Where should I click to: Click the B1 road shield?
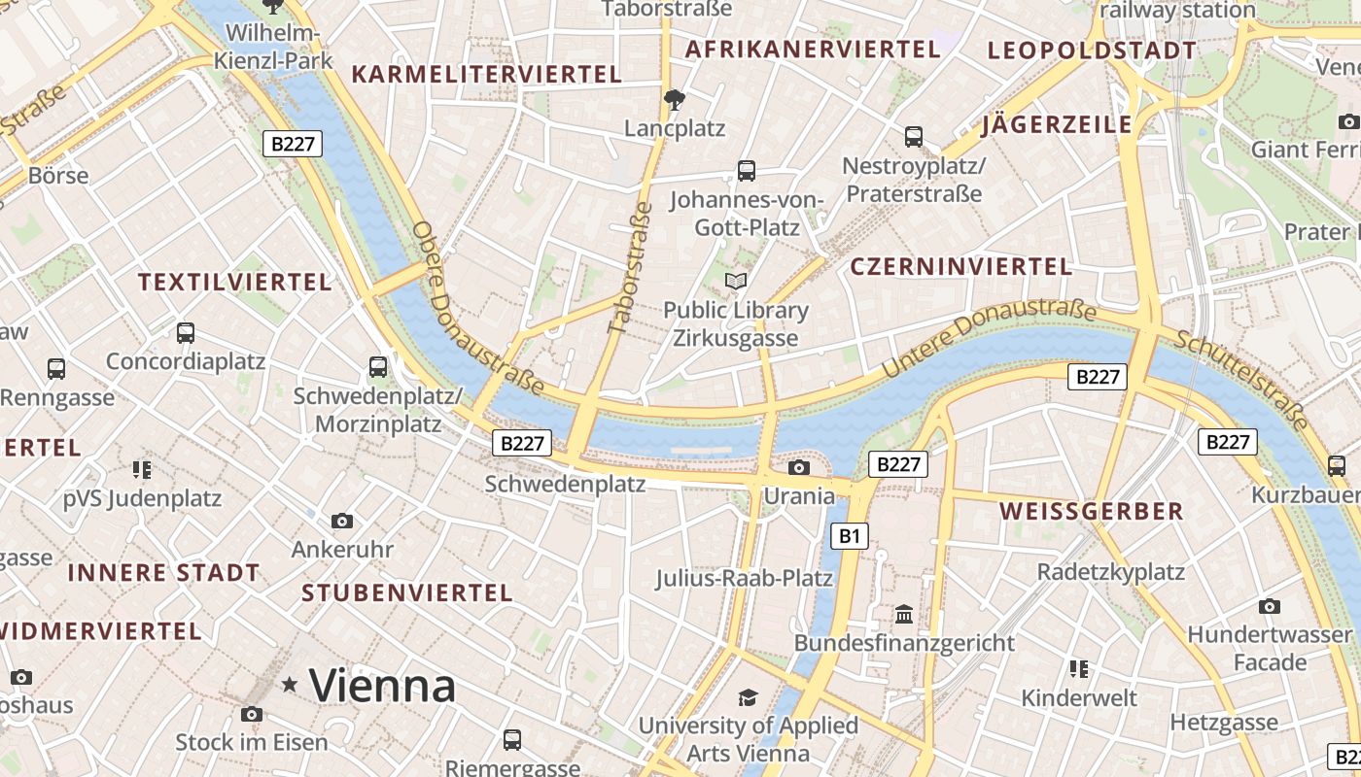pyautogui.click(x=850, y=535)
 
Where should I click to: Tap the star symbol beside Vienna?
pyautogui.click(x=289, y=686)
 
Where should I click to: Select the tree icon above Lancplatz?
pyautogui.click(x=673, y=99)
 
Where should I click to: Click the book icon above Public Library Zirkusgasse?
pyautogui.click(x=736, y=282)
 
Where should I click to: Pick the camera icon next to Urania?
pyautogui.click(x=798, y=468)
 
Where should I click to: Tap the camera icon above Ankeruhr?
pyautogui.click(x=341, y=522)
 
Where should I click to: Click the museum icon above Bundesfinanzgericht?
pyautogui.click(x=904, y=614)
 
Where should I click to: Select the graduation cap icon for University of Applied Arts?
pyautogui.click(x=747, y=697)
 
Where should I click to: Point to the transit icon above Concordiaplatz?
pyautogui.click(x=185, y=333)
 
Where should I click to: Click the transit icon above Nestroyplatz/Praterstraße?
pyautogui.click(x=913, y=137)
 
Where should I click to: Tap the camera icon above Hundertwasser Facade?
pyautogui.click(x=1269, y=607)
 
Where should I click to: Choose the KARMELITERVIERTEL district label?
pyautogui.click(x=486, y=75)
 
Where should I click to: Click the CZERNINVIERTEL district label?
pyautogui.click(x=960, y=266)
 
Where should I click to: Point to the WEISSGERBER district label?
pyautogui.click(x=1091, y=511)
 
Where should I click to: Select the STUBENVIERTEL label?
pyautogui.click(x=406, y=592)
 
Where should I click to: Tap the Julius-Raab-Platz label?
pyautogui.click(x=744, y=578)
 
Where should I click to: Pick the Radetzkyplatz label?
pyautogui.click(x=1110, y=571)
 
